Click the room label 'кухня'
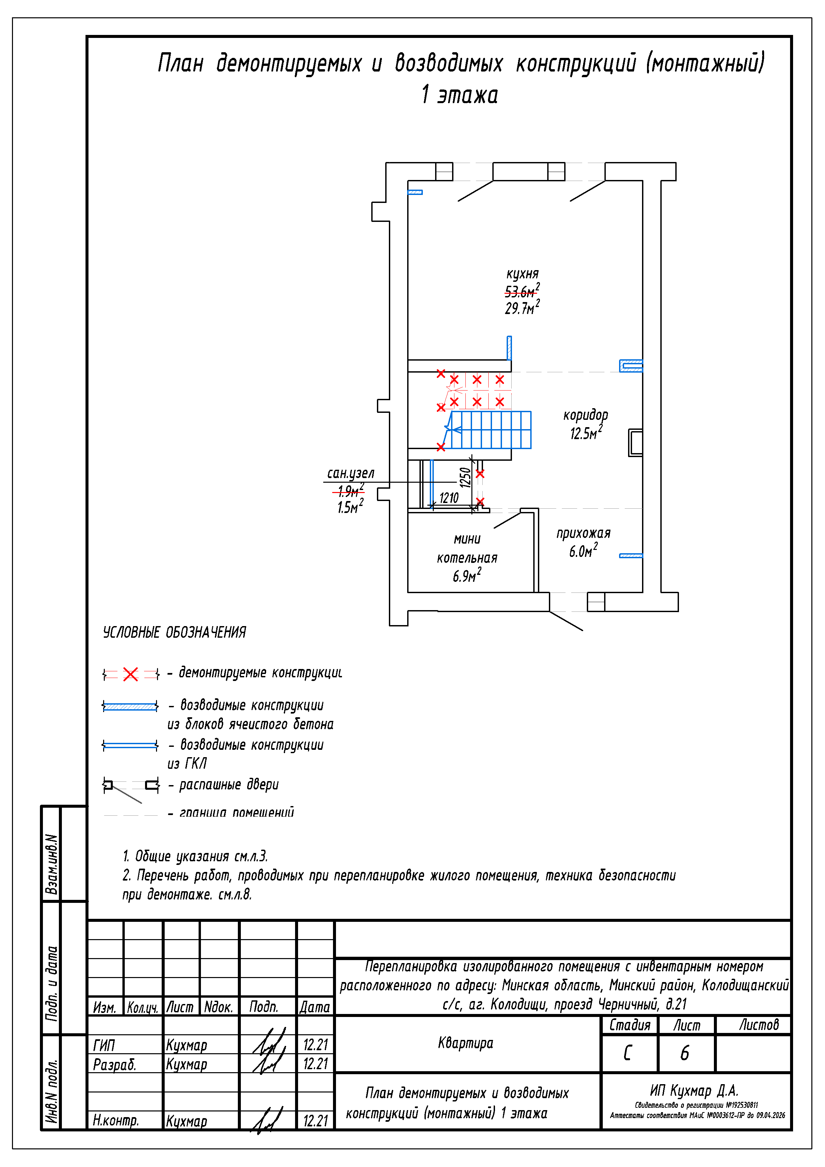[x=522, y=274]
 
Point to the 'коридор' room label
[x=585, y=415]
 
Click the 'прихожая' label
[x=583, y=533]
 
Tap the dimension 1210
[x=449, y=498]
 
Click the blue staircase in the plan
[x=491, y=430]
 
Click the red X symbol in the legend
[x=131, y=674]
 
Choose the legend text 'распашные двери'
[x=229, y=785]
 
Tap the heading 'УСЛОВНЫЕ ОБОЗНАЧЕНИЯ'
[x=174, y=632]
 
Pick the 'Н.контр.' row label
[x=115, y=1120]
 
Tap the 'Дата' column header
[x=315, y=1007]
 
